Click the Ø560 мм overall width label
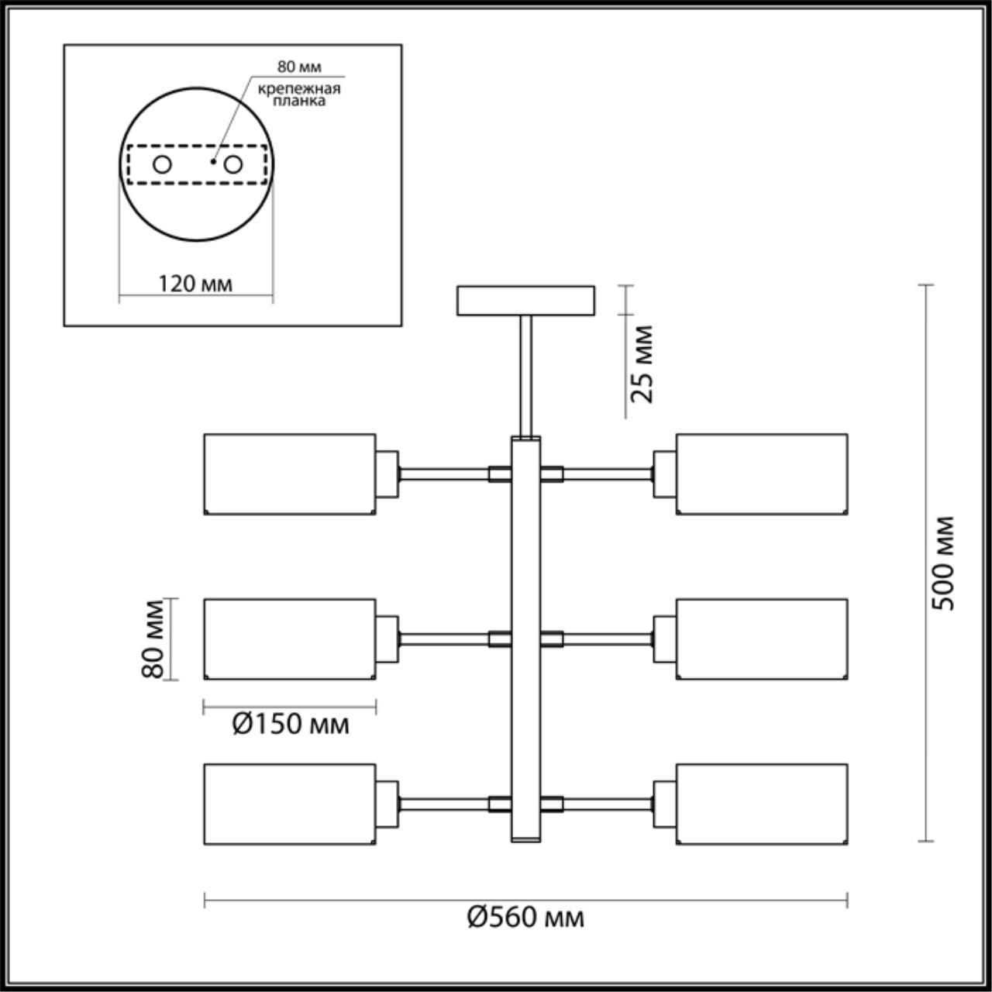(525, 917)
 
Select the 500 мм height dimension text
(943, 563)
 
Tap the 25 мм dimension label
(642, 364)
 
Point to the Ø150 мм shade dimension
(291, 724)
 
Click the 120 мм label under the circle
(195, 283)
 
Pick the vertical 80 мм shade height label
(153, 639)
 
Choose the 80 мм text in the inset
(299, 67)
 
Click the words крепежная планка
(299, 95)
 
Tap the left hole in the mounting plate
(162, 165)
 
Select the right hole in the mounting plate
(233, 165)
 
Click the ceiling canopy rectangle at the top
(525, 301)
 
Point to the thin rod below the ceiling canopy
(525, 377)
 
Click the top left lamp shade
(290, 474)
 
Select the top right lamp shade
(762, 474)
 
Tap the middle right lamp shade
(762, 639)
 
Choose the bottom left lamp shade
(290, 804)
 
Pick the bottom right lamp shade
(762, 804)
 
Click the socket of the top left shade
(387, 474)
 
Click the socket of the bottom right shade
(665, 804)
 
